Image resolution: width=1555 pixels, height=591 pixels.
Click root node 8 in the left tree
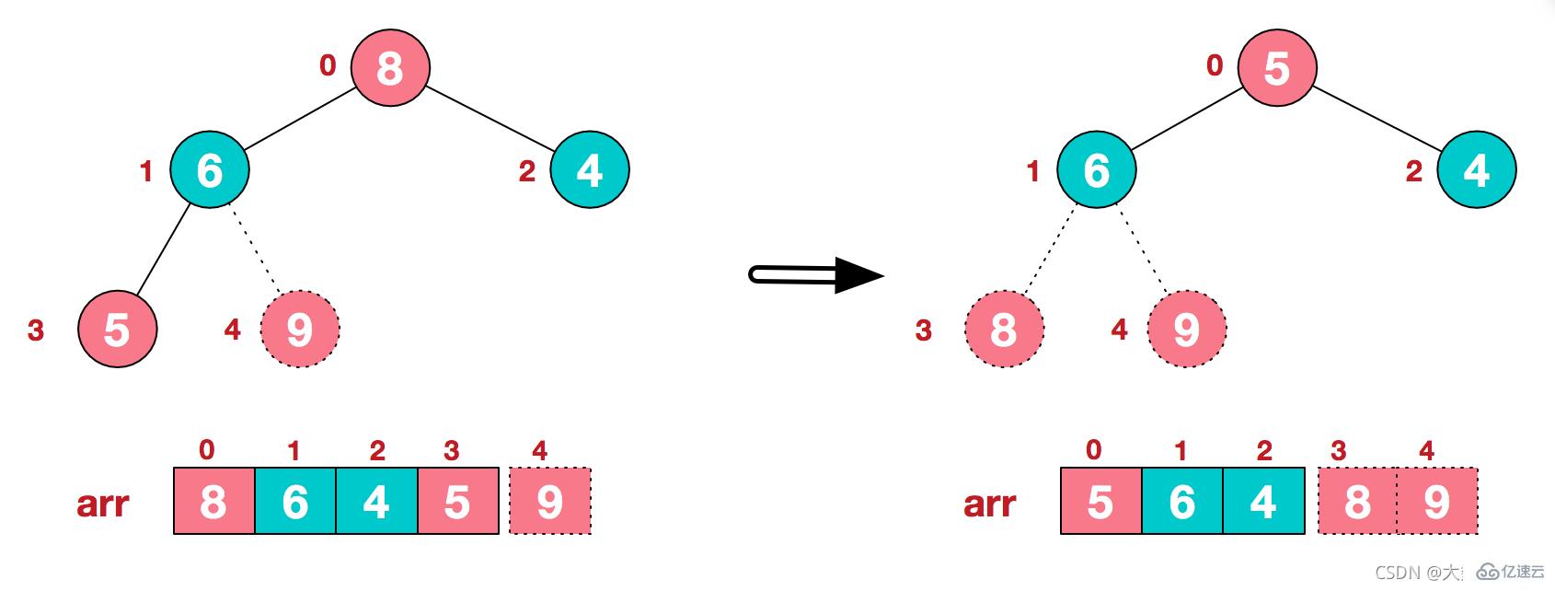point(390,67)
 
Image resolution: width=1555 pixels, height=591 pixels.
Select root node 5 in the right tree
point(1277,67)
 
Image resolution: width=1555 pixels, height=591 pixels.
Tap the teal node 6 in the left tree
point(210,169)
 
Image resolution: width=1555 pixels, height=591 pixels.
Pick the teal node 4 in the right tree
point(1476,169)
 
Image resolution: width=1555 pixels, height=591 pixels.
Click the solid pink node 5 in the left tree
point(117,329)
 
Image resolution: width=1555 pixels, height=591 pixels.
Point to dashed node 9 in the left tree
point(300,329)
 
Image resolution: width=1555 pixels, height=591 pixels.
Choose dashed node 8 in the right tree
point(1004,329)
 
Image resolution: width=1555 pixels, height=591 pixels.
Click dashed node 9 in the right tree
point(1187,329)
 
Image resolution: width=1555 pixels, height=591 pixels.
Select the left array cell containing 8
point(214,502)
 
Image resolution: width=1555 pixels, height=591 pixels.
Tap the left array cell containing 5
point(458,502)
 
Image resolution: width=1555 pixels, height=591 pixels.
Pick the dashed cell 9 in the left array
point(549,502)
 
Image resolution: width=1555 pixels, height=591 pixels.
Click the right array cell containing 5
point(1100,502)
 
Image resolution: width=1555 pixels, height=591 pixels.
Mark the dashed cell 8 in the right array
point(1357,502)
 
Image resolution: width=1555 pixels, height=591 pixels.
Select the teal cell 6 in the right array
point(1182,502)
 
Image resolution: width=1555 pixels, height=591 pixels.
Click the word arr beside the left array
point(102,504)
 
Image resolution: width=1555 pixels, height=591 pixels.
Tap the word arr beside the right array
point(989,504)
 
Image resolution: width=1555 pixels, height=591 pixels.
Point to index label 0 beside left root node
point(328,65)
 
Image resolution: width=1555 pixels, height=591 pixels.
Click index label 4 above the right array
point(1426,450)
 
